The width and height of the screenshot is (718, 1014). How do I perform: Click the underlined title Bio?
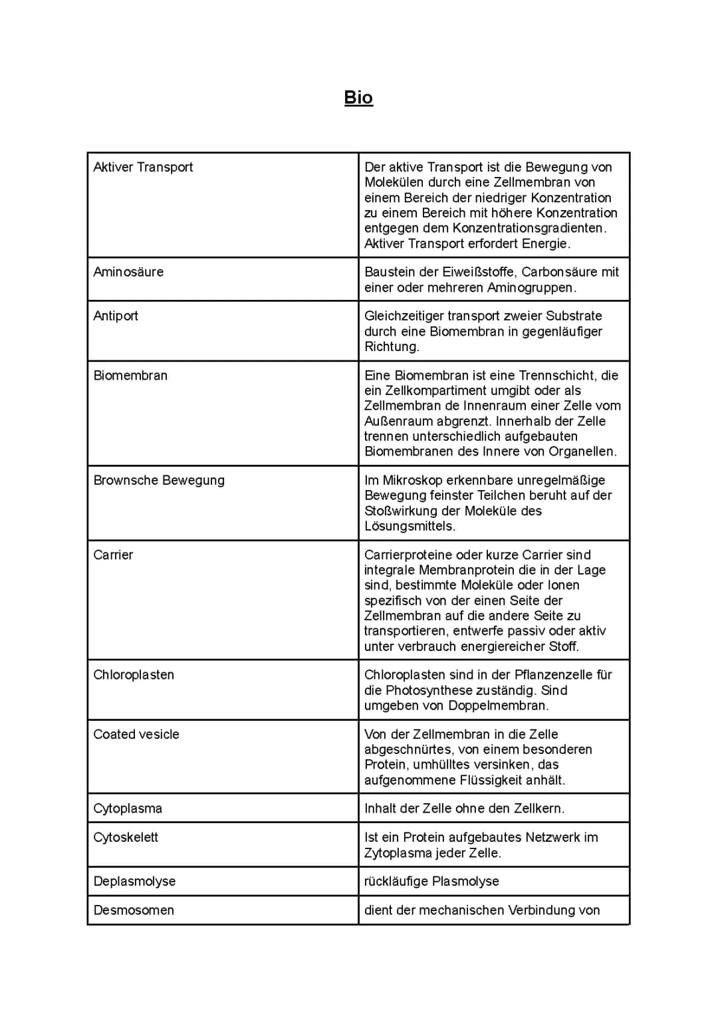[358, 98]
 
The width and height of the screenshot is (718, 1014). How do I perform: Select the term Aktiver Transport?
[143, 168]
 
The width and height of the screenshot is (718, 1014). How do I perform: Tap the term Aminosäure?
[128, 272]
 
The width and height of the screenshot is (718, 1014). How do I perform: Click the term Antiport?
[116, 316]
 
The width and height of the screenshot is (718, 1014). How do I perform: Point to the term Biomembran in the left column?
[130, 376]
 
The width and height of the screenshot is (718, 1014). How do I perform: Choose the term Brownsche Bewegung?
[159, 480]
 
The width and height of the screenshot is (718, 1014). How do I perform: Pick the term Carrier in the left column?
[113, 555]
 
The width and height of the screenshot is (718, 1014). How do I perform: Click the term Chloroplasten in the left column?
[134, 675]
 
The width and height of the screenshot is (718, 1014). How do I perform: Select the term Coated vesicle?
[136, 735]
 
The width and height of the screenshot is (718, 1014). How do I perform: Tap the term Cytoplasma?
[128, 809]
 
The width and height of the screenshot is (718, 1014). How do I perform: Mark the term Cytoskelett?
[126, 838]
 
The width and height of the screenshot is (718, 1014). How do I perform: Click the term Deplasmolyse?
[134, 882]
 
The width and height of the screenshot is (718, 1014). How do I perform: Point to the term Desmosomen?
[134, 910]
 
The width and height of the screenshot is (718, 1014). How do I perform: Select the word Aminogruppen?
[531, 288]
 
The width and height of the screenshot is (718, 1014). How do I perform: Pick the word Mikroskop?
[412, 480]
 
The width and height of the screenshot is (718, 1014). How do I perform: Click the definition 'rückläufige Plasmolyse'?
[431, 882]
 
